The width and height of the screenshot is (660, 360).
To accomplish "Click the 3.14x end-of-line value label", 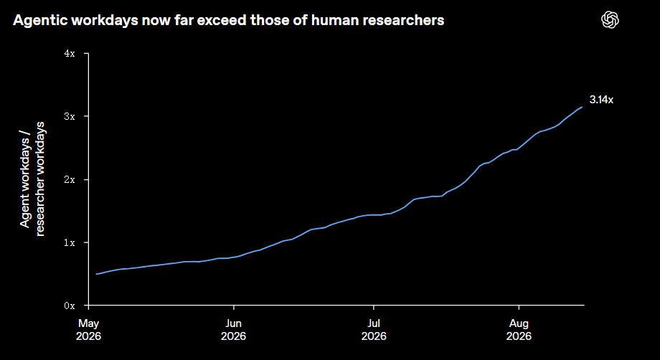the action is [601, 100].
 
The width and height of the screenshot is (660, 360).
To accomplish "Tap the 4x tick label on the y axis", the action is [70, 53].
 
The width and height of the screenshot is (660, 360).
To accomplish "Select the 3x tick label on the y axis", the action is [70, 116].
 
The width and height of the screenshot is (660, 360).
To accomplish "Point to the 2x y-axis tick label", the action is [70, 179].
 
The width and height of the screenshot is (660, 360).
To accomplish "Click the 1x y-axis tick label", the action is [70, 242].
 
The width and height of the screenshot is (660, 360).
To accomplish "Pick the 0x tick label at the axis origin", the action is [70, 305].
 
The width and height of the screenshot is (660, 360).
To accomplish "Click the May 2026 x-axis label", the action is [88, 330].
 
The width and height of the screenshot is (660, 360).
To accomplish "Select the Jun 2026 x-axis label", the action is [233, 330].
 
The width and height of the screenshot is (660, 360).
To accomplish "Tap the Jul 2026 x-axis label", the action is [374, 330].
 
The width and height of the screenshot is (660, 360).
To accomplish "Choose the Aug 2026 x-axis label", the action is [519, 330].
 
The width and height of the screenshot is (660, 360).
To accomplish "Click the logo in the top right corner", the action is [610, 20].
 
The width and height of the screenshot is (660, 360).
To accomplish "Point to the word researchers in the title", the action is [406, 20].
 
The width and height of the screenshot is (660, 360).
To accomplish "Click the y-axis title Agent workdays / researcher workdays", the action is [32, 179].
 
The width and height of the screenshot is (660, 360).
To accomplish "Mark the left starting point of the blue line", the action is [96, 274].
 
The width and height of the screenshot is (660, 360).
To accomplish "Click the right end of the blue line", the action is [583, 107].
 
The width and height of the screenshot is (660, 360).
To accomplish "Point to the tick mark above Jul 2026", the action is [373, 308].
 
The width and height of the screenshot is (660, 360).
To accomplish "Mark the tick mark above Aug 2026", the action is [519, 308].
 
